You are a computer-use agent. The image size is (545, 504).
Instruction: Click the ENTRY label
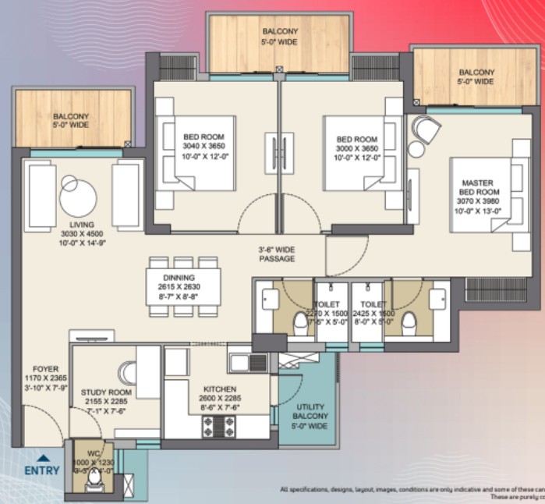coord(41,471)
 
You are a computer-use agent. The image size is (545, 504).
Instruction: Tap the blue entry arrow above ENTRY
coord(44,459)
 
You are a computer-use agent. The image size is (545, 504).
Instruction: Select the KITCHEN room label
coord(220,389)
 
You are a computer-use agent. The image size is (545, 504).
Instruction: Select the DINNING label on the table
coord(179,278)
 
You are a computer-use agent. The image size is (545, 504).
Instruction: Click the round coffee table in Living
coord(78,197)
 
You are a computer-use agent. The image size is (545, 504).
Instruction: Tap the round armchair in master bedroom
coord(426,129)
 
